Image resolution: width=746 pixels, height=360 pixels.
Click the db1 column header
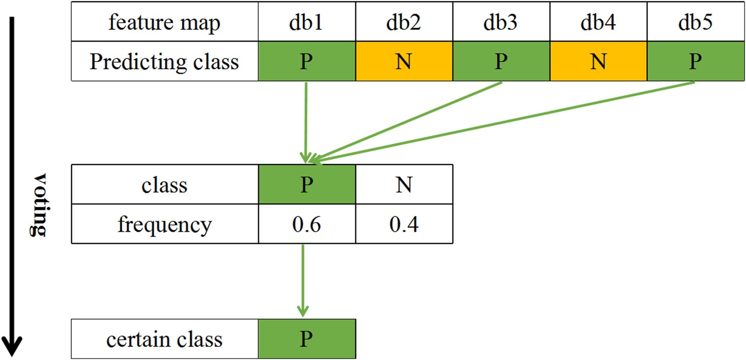point(306,22)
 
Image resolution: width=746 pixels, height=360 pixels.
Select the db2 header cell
point(404,22)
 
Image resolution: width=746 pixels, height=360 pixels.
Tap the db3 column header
point(501,22)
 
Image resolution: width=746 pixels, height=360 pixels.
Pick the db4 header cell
point(598,22)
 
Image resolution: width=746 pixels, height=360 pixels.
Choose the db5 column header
point(695,22)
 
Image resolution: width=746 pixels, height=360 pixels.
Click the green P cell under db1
point(306,61)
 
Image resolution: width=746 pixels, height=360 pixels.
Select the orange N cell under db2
point(404,61)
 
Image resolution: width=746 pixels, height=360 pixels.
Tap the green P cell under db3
point(501,61)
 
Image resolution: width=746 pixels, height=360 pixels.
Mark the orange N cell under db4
point(598,61)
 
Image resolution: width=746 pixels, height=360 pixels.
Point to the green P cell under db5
point(695,61)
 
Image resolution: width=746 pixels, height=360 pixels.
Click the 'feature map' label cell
point(165,22)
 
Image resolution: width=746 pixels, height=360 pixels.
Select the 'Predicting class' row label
point(165,61)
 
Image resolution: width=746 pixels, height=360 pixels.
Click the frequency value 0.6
point(306,224)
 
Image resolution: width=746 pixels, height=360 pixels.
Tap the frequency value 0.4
point(404,224)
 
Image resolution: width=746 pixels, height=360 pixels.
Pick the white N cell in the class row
point(404,184)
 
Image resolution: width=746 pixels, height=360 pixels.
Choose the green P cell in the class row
point(306,184)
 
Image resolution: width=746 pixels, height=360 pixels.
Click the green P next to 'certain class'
point(306,339)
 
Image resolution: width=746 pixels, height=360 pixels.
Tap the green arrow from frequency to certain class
point(303,280)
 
